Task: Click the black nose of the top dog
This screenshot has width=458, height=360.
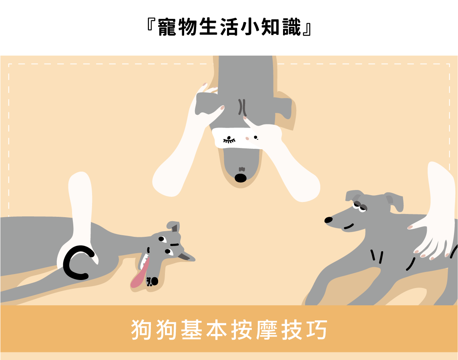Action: pyautogui.click(x=240, y=178)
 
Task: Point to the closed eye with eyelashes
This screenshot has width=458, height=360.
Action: pyautogui.click(x=229, y=140)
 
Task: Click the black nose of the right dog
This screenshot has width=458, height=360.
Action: pyautogui.click(x=329, y=220)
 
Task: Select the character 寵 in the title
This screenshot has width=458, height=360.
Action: pyautogui.click(x=167, y=27)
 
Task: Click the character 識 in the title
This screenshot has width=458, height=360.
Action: pyautogui.click(x=291, y=27)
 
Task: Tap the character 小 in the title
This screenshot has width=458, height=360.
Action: pyautogui.click(x=250, y=27)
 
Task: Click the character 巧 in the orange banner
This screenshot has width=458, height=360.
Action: pyautogui.click(x=317, y=330)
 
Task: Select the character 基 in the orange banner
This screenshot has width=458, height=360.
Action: pyautogui.click(x=191, y=330)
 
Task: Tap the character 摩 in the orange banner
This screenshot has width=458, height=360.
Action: pyautogui.click(x=267, y=330)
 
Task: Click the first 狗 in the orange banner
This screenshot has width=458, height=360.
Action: pyautogui.click(x=141, y=330)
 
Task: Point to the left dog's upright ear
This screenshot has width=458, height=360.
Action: pyautogui.click(x=173, y=226)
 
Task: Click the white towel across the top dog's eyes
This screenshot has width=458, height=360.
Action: pyautogui.click(x=237, y=137)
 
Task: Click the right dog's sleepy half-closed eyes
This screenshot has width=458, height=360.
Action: pyautogui.click(x=360, y=206)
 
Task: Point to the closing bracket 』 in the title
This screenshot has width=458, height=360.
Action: pyautogui.click(x=307, y=29)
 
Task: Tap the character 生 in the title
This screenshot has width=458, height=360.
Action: pyautogui.click(x=209, y=27)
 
